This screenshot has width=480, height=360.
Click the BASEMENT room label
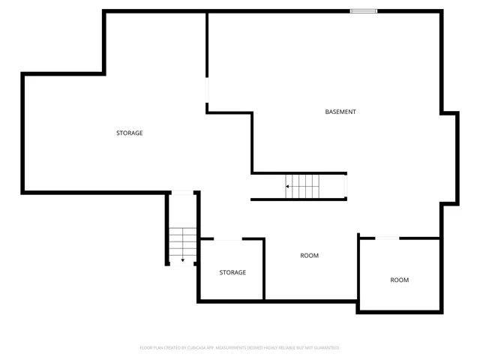point(340,112)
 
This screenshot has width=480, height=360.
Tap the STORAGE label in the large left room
point(129,133)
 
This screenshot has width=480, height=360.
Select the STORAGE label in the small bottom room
point(232,272)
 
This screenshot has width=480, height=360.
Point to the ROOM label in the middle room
point(309,256)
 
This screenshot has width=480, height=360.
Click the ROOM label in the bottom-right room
point(399,280)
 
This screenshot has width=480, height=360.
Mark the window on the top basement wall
point(364,10)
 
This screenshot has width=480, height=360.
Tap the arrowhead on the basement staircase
point(287,186)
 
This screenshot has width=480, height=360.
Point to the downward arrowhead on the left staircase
point(182,260)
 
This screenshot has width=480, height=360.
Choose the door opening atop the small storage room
point(228,239)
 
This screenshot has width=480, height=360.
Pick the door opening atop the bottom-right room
point(387,238)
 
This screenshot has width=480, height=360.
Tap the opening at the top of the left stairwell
point(182,192)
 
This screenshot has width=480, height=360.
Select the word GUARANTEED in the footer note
point(326,348)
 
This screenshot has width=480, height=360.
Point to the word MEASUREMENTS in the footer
point(238,348)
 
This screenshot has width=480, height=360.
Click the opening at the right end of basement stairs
point(346,184)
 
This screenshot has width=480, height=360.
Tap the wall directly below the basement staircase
point(298,199)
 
